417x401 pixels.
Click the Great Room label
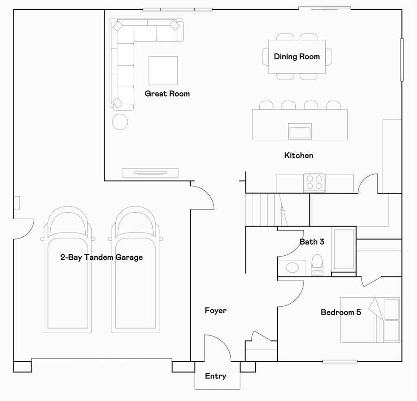point(167,94)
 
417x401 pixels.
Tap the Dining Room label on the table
point(297,57)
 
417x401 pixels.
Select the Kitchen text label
point(298,156)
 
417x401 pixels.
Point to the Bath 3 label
point(312,241)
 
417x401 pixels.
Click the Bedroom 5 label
point(340,312)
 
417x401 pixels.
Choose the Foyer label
point(215,311)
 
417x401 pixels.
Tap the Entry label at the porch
point(215,376)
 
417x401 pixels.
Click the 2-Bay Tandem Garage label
point(101,257)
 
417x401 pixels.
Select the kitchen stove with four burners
point(314,182)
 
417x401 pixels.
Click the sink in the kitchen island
point(300,131)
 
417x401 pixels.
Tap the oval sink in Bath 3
point(292,268)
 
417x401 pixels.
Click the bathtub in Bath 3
point(343,249)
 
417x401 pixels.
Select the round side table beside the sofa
point(120,121)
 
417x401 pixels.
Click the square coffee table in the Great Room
point(163,71)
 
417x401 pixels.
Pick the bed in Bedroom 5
point(370,320)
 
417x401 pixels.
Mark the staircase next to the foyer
point(263,209)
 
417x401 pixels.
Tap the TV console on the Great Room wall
point(150,173)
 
